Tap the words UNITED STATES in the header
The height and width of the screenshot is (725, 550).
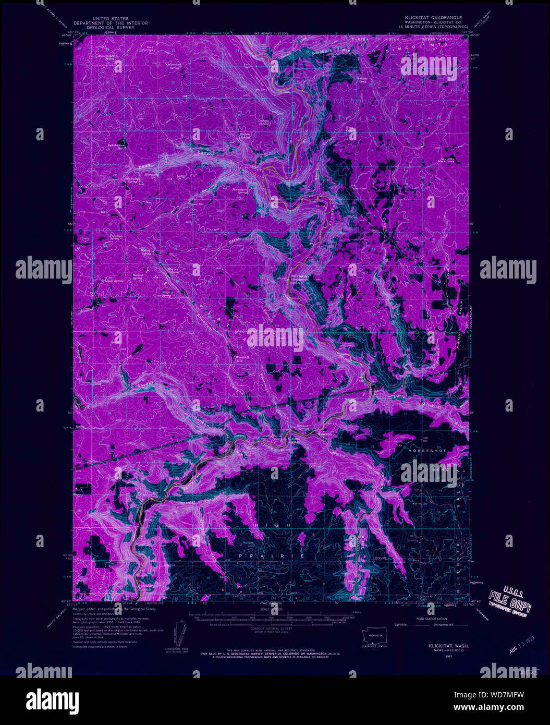pyautogui.click(x=111, y=18)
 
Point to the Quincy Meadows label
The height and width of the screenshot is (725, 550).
pyautogui.click(x=447, y=160)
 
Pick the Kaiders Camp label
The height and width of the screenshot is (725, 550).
pyautogui.click(x=362, y=80)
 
